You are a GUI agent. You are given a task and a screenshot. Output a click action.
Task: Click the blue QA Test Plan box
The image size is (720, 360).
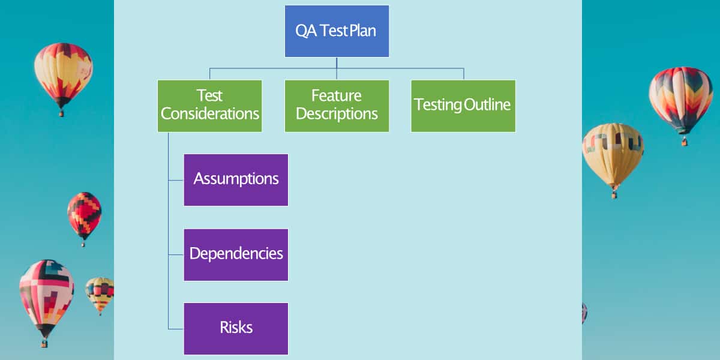coord(337,31)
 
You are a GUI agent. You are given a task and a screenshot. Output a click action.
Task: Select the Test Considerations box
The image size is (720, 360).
coord(209,106)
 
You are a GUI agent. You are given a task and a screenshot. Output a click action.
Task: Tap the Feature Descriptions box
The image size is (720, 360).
coord(337,106)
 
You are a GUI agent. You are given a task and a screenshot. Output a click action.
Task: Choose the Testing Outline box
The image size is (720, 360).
coord(463,106)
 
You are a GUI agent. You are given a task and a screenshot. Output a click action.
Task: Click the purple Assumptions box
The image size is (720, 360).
coord(236,180)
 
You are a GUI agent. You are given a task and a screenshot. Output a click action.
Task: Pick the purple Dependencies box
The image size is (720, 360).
coord(236,255)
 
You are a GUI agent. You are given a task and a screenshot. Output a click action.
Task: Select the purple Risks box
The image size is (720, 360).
coord(236,329)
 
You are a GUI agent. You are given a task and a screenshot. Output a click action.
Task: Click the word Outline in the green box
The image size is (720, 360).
coord(487,104)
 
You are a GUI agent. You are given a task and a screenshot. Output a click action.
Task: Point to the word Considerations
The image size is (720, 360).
coord(210,114)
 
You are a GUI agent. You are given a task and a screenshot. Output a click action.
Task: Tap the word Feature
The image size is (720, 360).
coord(337,95)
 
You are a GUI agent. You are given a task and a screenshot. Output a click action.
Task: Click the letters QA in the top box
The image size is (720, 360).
coord(306,31)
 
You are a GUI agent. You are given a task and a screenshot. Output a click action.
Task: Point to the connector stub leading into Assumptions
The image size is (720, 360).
coord(176,181)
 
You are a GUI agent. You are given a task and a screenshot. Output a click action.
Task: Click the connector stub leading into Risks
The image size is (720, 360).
coord(176,329)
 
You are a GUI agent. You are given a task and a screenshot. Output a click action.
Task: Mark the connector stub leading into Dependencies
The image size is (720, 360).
coord(176,254)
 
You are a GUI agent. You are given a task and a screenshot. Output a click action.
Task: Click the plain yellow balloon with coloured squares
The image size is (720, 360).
coord(613,154)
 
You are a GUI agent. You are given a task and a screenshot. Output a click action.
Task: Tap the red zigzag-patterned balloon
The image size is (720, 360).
coord(84,215)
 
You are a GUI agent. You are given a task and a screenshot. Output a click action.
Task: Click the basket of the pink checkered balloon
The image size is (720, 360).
coord(44,344)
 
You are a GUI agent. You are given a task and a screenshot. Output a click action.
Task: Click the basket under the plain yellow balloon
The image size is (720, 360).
coord(614,195)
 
